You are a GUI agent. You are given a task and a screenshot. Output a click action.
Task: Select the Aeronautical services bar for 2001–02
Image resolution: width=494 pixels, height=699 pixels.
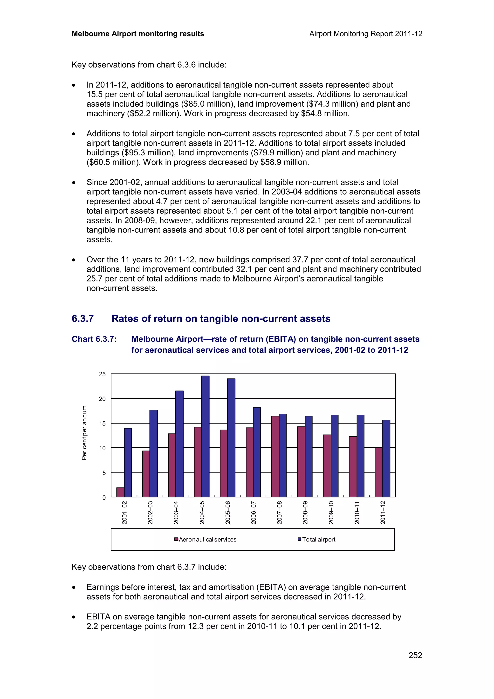120,492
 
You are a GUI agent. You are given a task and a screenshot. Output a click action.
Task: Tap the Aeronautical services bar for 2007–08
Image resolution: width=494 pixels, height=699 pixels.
275,456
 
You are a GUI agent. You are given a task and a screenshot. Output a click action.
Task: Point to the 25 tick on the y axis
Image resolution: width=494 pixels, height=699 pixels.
102,374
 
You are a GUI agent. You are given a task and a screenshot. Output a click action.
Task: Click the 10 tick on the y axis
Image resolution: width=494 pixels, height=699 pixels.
102,448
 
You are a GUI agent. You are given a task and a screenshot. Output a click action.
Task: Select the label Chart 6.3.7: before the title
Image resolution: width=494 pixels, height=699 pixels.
94,339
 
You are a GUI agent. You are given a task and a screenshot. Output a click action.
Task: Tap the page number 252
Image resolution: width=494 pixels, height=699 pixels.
415,655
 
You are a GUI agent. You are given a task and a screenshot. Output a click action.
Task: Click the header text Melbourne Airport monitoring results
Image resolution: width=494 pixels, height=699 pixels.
138,34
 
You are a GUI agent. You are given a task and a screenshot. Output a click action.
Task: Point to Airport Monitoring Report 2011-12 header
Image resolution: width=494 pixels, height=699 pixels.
365,34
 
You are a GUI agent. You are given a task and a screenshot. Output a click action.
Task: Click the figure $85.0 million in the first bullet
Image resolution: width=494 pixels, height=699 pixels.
208,104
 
